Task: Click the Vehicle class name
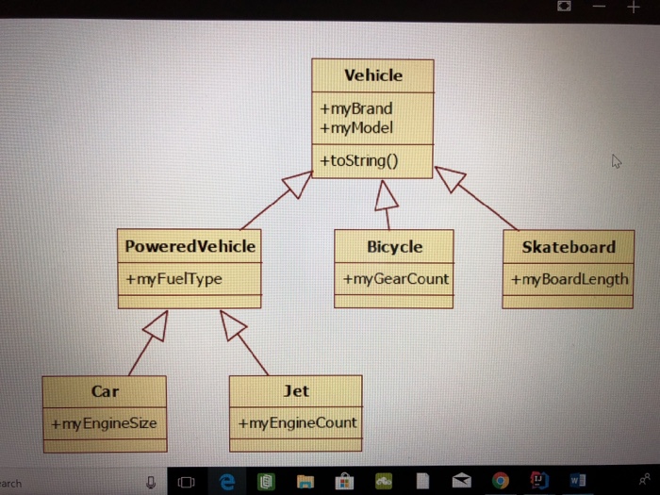pyautogui.click(x=372, y=75)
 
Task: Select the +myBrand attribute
pyautogui.click(x=355, y=108)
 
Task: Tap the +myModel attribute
pyautogui.click(x=356, y=127)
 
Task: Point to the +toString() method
pyautogui.click(x=358, y=160)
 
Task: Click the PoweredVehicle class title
pyautogui.click(x=190, y=246)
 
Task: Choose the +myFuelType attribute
pyautogui.click(x=173, y=279)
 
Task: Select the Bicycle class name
pyautogui.click(x=394, y=246)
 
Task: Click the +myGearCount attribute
pyautogui.click(x=395, y=279)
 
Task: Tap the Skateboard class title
pyautogui.click(x=568, y=247)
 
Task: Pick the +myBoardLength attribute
pyautogui.click(x=569, y=279)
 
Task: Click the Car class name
pyautogui.click(x=105, y=390)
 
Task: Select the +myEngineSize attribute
pyautogui.click(x=104, y=423)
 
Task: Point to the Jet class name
pyautogui.click(x=295, y=390)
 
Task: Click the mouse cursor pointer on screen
pyautogui.click(x=617, y=161)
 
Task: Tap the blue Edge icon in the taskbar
pyautogui.click(x=226, y=483)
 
